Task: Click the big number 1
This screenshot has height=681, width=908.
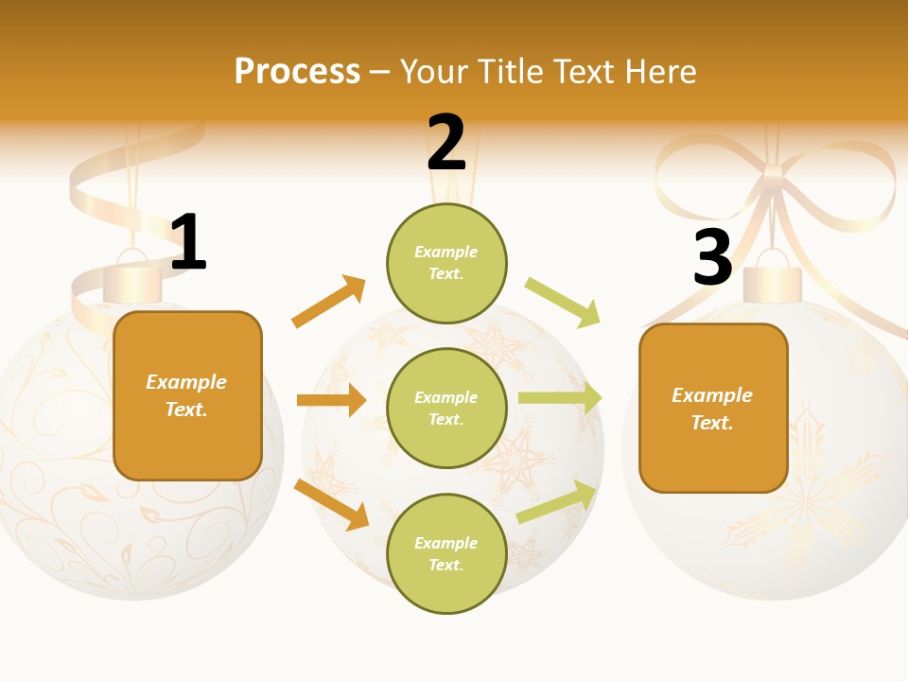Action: point(188,243)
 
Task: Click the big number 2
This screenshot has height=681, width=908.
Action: point(446,143)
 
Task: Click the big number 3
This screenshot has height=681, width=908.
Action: point(712,257)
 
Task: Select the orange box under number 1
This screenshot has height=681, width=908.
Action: point(187,395)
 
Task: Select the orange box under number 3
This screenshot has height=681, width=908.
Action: point(713,409)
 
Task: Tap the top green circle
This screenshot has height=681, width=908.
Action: point(446,263)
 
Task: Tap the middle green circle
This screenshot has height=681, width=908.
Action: point(446,408)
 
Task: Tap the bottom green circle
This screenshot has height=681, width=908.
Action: point(446,553)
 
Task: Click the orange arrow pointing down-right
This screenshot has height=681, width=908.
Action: point(331,503)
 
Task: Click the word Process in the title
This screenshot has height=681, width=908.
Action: point(297,71)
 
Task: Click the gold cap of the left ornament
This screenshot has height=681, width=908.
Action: point(132,284)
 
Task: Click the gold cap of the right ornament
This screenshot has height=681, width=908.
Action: point(773,283)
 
